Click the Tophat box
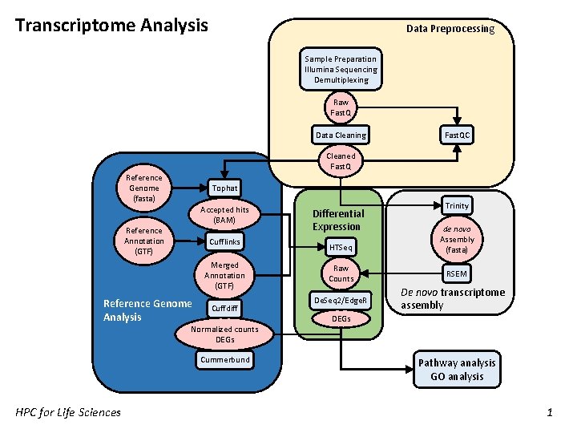click(x=224, y=188)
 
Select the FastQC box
click(x=458, y=136)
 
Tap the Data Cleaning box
click(x=341, y=136)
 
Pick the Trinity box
click(x=457, y=205)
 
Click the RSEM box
click(x=457, y=273)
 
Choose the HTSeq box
click(x=341, y=247)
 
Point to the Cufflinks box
click(x=224, y=241)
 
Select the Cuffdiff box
click(x=224, y=308)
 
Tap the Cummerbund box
click(x=224, y=359)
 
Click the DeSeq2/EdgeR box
click(x=341, y=301)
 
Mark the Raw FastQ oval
click(x=341, y=107)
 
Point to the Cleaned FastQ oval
click(x=341, y=161)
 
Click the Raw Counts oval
click(x=341, y=273)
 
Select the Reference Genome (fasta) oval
click(x=144, y=188)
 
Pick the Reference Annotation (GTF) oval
click(x=144, y=241)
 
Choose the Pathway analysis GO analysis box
click(x=457, y=370)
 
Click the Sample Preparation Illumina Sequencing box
click(x=341, y=69)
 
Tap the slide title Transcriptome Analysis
click(x=111, y=25)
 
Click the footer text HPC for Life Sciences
click(x=68, y=412)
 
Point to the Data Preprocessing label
click(x=450, y=29)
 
